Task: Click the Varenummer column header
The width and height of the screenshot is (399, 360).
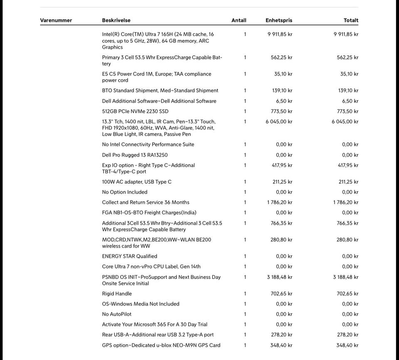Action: (x=56, y=20)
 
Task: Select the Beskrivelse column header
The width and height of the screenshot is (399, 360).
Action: (x=116, y=20)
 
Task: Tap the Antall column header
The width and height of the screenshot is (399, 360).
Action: (x=239, y=20)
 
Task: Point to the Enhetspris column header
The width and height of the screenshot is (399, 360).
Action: (x=279, y=20)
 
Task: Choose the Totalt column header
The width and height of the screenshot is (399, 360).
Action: (x=351, y=20)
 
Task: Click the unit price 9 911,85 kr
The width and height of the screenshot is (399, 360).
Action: (x=280, y=35)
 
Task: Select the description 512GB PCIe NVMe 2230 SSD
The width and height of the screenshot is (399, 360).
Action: (x=135, y=111)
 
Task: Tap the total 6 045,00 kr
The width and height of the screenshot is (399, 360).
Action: (x=345, y=122)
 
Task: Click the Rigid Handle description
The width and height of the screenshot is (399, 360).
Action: (x=117, y=294)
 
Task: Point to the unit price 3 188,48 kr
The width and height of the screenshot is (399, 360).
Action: (x=280, y=277)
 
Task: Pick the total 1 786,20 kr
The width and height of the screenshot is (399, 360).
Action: (x=346, y=202)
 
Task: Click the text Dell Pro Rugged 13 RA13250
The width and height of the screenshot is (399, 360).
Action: (x=135, y=155)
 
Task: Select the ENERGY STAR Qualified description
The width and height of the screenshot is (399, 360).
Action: (x=130, y=256)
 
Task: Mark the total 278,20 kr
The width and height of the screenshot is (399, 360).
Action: (x=347, y=335)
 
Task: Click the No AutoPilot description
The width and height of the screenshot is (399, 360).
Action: (x=117, y=314)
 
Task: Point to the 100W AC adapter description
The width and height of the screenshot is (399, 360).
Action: (x=137, y=182)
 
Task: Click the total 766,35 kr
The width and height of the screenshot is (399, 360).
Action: (x=347, y=223)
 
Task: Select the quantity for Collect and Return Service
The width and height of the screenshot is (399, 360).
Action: (x=245, y=202)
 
